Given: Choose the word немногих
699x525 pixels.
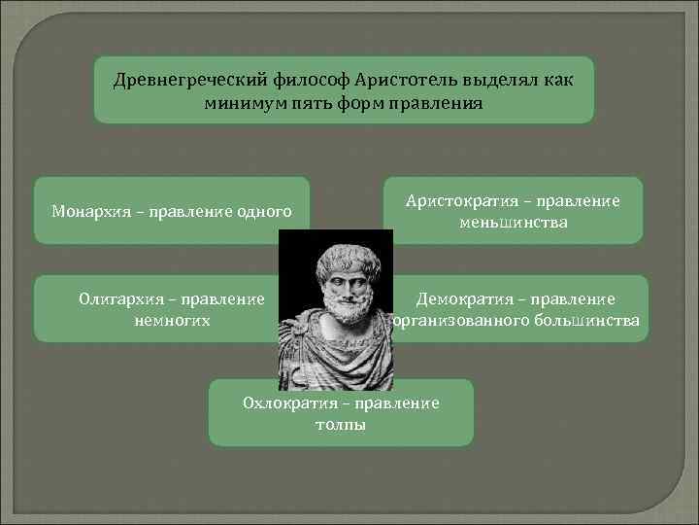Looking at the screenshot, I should point(173,320).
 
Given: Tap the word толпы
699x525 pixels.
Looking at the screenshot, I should point(341,425).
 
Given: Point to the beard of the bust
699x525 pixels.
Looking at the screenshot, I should point(337,313).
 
